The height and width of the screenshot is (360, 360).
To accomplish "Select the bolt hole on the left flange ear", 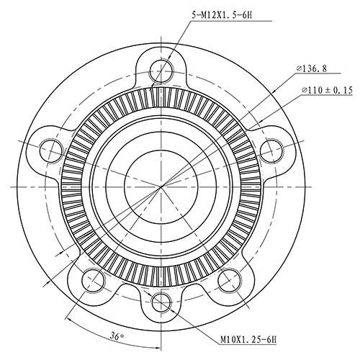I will point(51,150).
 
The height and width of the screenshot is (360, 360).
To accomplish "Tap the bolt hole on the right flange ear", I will point(272,150).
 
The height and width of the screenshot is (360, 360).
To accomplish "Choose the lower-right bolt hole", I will point(230,279).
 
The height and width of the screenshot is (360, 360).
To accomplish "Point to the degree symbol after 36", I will point(124,334).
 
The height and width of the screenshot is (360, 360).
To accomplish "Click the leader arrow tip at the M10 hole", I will point(168,305).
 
